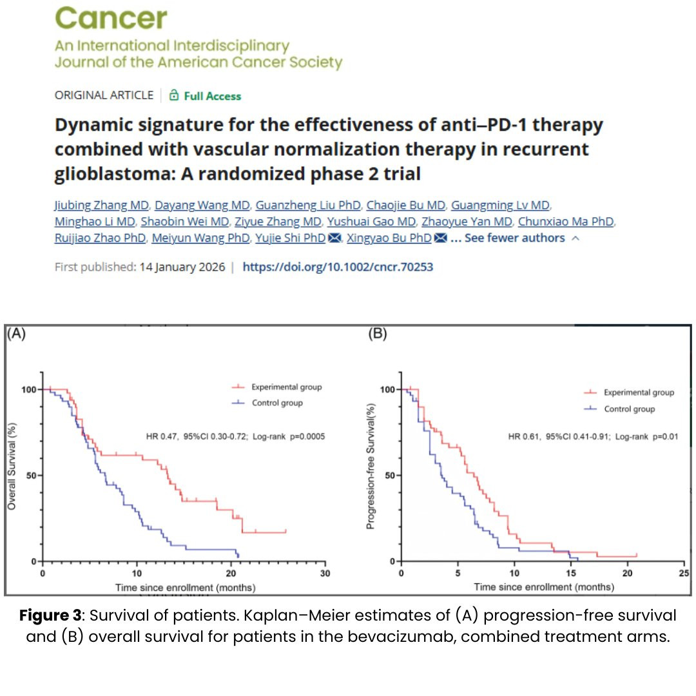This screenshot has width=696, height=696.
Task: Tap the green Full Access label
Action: pyautogui.click(x=212, y=96)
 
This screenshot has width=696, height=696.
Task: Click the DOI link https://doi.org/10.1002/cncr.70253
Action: pyautogui.click(x=338, y=267)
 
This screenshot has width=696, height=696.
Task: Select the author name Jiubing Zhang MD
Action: pyautogui.click(x=102, y=206)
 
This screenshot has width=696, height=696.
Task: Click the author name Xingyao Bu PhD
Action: pyautogui.click(x=389, y=238)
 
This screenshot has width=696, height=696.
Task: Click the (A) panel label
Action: pyautogui.click(x=16, y=334)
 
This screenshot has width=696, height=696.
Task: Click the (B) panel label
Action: pyautogui.click(x=376, y=334)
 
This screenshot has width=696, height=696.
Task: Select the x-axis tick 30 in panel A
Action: pyautogui.click(x=326, y=574)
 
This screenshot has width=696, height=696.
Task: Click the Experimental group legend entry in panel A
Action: pyautogui.click(x=286, y=387)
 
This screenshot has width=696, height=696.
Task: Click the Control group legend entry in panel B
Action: pyautogui.click(x=629, y=409)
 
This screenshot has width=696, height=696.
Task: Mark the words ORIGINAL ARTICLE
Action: pyautogui.click(x=104, y=95)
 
